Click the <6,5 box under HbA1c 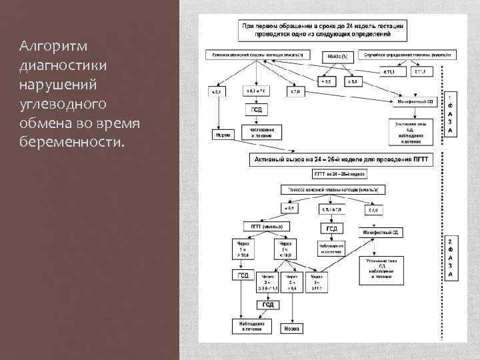pos(326,81)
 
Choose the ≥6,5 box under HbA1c pos(351,81)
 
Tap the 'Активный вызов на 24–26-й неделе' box pos(339,159)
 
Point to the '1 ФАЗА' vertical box pos(450,114)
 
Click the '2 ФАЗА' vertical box pos(450,257)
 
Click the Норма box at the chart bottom pos(291,328)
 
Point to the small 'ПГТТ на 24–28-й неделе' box pos(339,174)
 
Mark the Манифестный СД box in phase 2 pos(378,232)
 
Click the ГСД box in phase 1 pos(256,109)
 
